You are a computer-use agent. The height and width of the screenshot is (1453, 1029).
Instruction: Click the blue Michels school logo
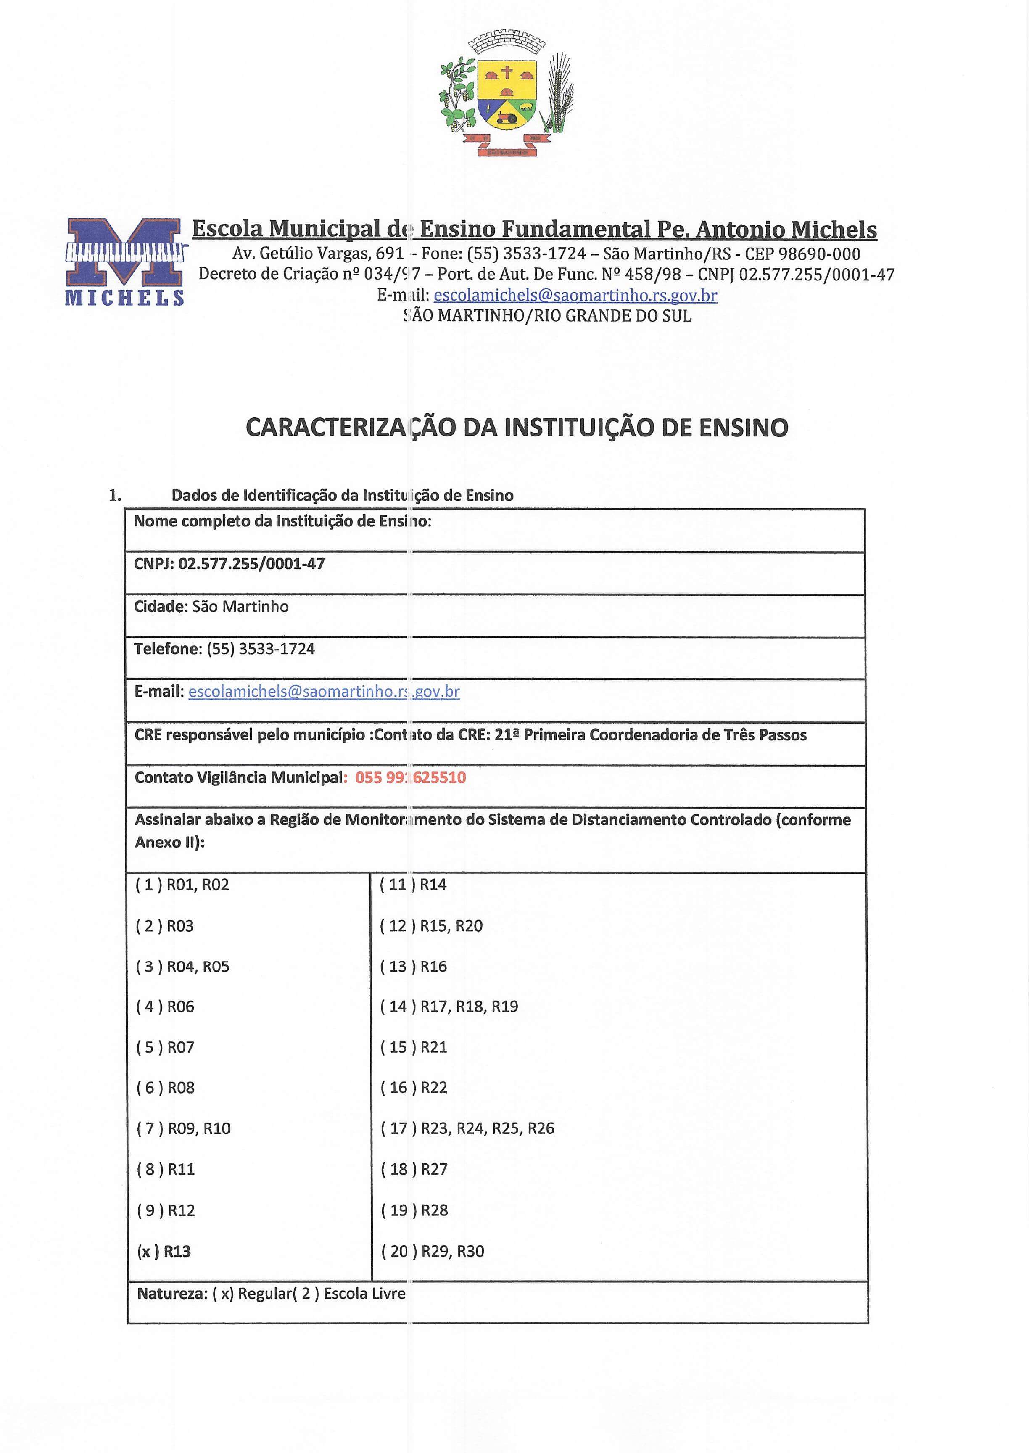[125, 261]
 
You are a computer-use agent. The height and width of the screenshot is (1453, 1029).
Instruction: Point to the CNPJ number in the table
[251, 564]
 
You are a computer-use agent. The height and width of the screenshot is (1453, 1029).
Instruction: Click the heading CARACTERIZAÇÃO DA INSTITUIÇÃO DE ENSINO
[517, 428]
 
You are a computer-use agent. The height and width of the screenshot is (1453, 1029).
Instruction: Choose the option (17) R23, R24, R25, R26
[467, 1128]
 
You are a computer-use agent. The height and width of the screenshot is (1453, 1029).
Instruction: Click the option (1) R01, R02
[182, 885]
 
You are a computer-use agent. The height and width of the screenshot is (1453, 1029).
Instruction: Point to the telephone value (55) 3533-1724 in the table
[261, 649]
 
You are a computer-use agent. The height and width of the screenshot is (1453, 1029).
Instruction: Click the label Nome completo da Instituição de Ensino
[282, 521]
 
